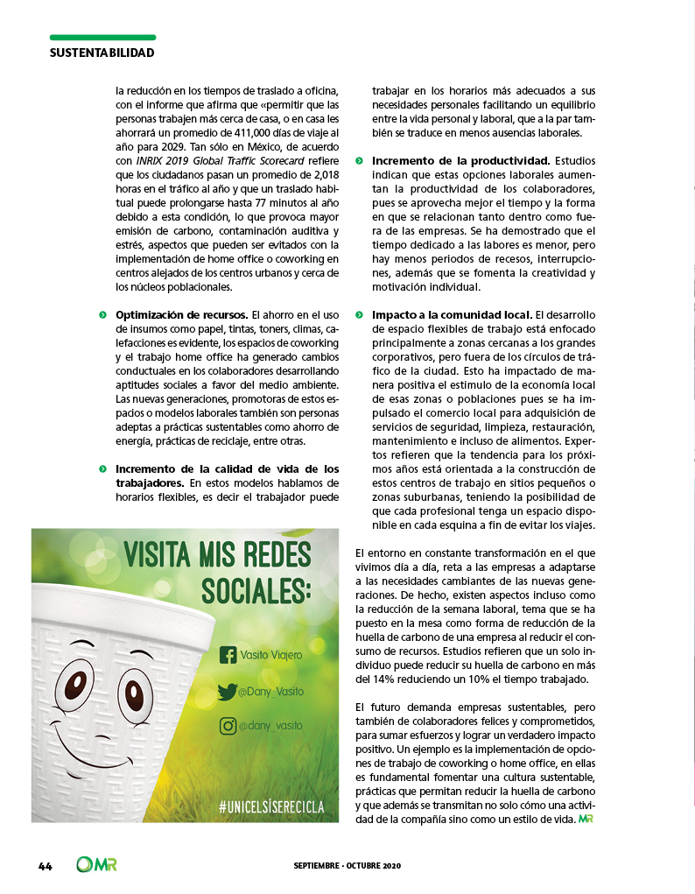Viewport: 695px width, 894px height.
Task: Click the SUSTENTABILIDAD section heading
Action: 102,53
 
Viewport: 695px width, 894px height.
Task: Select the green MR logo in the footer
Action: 97,865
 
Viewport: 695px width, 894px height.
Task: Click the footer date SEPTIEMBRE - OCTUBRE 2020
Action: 347,866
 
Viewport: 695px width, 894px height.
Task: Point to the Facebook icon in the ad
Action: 228,655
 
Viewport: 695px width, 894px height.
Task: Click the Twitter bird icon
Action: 228,692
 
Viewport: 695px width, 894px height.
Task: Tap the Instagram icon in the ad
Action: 228,726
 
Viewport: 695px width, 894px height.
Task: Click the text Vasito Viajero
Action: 272,655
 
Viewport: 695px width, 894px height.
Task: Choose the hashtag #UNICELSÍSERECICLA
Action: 271,806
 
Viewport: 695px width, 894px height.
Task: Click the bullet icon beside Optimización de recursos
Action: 102,314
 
